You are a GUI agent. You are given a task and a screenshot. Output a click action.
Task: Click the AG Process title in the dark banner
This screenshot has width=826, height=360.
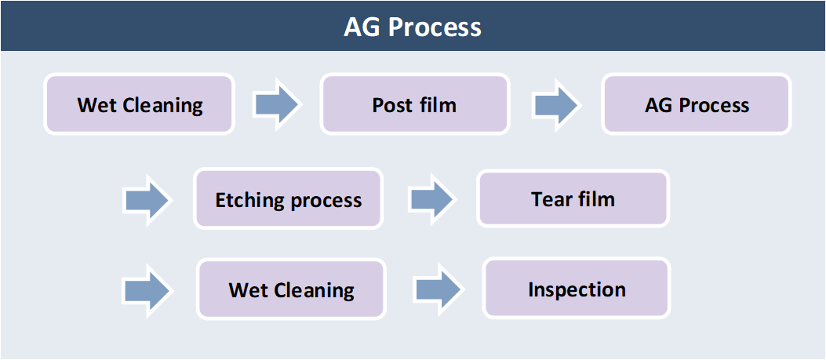point(413,27)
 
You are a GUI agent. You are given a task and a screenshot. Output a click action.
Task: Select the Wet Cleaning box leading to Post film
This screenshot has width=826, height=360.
point(139,104)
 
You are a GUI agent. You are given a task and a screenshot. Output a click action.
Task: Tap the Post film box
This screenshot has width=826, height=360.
point(415,104)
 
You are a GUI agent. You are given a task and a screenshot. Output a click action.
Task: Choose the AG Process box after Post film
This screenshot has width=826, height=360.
point(697,104)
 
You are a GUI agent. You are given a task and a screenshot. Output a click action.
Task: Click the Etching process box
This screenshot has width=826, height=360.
point(288,198)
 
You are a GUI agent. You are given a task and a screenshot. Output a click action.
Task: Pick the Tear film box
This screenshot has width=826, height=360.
point(573,198)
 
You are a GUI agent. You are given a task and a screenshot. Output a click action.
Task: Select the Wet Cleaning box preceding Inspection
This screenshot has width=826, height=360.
point(291,289)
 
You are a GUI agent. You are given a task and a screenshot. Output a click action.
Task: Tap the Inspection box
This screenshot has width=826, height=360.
point(577,289)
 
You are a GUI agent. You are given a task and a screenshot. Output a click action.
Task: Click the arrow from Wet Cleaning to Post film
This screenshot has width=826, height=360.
point(277,104)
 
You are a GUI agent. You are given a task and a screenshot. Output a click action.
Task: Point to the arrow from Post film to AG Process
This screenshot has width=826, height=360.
point(558,104)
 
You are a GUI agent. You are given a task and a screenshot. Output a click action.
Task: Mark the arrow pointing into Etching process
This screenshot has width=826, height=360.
point(147,200)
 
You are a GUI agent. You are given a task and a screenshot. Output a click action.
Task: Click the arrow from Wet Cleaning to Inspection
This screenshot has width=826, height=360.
point(439,289)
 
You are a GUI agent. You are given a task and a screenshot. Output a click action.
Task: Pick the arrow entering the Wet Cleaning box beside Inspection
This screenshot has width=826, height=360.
point(147,290)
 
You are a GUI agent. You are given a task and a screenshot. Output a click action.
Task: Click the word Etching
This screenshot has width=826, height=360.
point(247,201)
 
